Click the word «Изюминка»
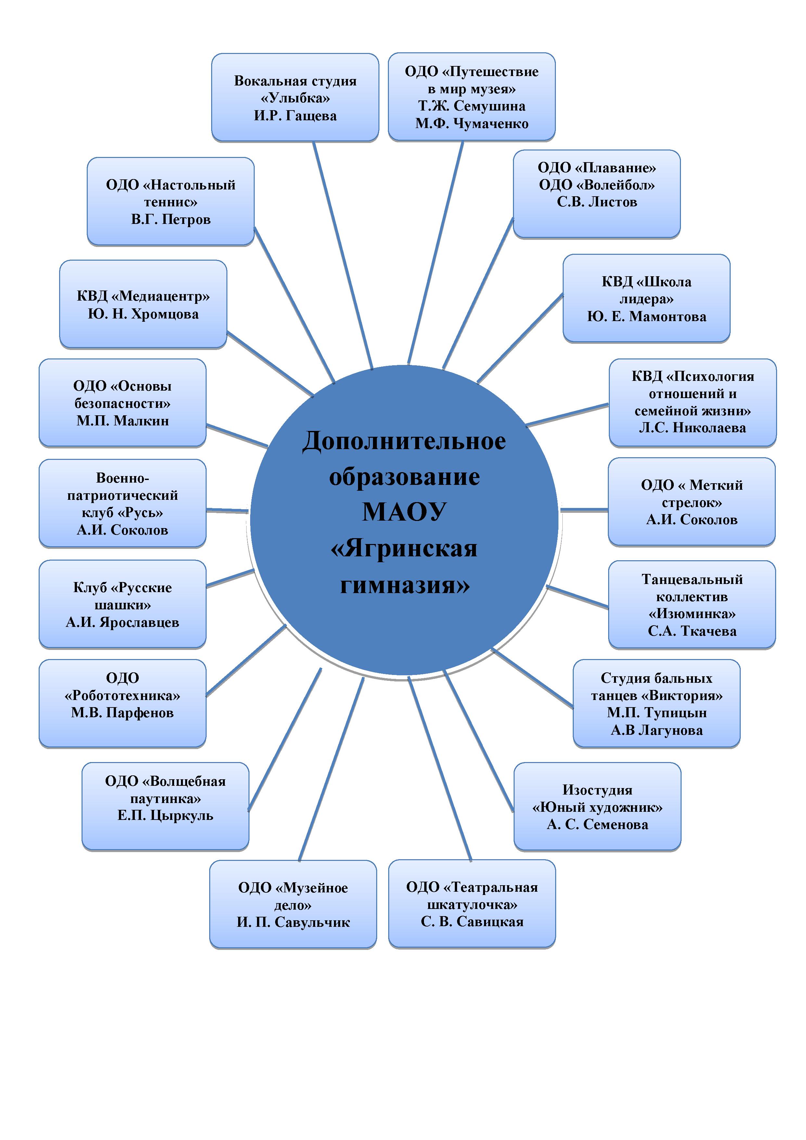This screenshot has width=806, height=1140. [692, 614]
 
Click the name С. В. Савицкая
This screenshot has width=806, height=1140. [472, 922]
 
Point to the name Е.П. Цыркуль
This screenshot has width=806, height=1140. [165, 816]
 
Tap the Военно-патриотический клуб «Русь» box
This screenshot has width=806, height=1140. [122, 503]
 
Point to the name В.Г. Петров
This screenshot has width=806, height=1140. [171, 219]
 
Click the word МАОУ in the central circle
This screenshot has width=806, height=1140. [404, 512]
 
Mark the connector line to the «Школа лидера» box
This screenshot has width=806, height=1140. [520, 338]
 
